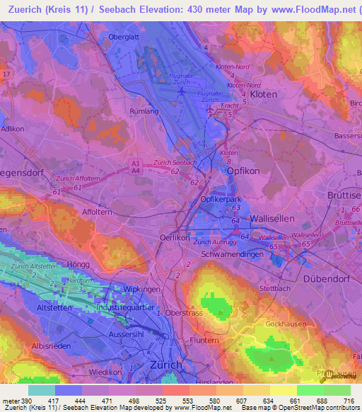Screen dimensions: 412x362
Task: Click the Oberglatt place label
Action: [x=124, y=36]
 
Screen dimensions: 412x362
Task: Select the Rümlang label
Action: [x=144, y=111]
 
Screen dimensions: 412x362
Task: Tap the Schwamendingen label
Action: [x=233, y=254]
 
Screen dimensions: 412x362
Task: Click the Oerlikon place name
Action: [x=177, y=238]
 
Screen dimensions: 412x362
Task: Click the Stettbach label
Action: [x=275, y=289]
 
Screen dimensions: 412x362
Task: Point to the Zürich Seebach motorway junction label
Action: [x=175, y=163]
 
